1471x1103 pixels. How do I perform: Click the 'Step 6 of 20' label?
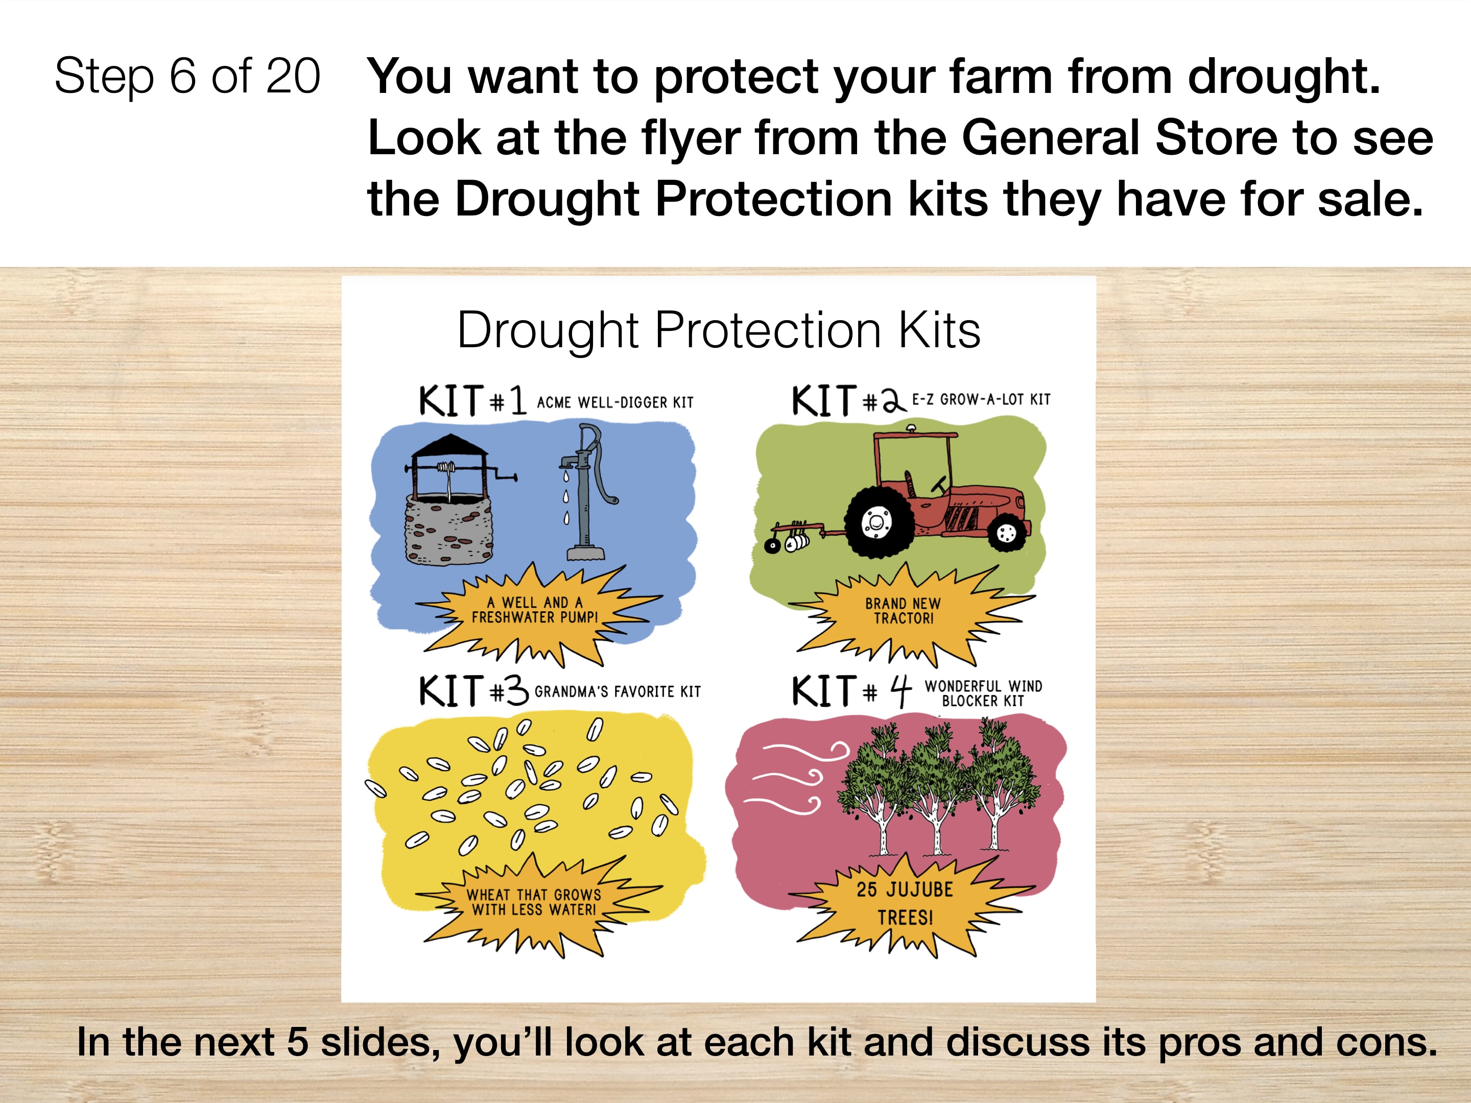pyautogui.click(x=187, y=77)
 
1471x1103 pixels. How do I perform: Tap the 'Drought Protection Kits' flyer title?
pyautogui.click(x=719, y=330)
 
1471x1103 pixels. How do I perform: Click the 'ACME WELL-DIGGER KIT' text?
pyautogui.click(x=615, y=402)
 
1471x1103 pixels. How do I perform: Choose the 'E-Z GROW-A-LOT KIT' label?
pyautogui.click(x=981, y=399)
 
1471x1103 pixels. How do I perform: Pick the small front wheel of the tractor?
pyautogui.click(x=1007, y=533)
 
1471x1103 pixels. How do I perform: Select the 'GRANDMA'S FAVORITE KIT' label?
pyautogui.click(x=618, y=692)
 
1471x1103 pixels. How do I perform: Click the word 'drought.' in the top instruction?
pyautogui.click(x=1284, y=77)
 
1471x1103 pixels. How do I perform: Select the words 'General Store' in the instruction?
pyautogui.click(x=1117, y=138)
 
